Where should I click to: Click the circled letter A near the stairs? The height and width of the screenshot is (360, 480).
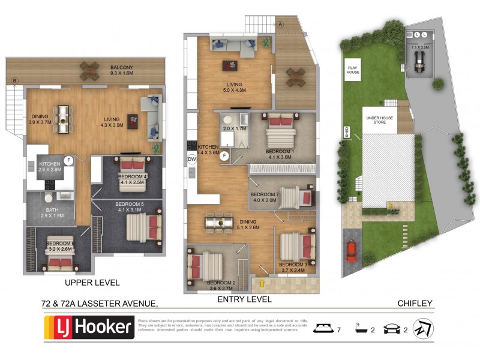(280, 24)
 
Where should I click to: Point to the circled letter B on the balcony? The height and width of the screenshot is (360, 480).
(15, 80)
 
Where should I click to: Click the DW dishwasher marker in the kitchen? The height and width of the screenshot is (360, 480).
(192, 159)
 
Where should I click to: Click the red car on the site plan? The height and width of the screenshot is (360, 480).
(351, 251)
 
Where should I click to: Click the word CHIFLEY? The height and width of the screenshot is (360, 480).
(415, 304)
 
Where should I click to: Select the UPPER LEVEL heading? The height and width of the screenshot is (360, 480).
(92, 282)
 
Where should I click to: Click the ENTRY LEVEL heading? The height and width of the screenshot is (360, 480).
(244, 299)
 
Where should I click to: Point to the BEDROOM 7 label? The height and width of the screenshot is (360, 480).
(265, 197)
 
